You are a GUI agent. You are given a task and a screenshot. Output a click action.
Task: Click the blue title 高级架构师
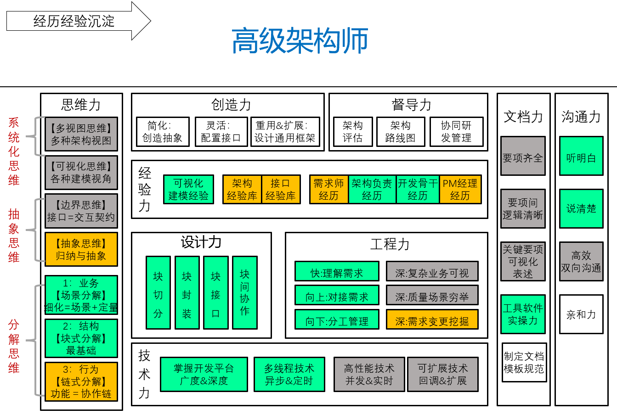[300, 40]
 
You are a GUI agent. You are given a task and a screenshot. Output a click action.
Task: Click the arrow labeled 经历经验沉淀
[79, 21]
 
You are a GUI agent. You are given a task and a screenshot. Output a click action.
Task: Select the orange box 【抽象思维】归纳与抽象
[81, 249]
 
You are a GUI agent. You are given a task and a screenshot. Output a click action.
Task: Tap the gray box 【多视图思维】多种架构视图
[81, 134]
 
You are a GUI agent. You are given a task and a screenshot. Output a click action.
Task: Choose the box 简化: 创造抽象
[163, 132]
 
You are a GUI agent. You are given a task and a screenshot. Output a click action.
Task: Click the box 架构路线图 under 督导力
[401, 132]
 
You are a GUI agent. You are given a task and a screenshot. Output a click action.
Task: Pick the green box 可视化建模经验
[188, 189]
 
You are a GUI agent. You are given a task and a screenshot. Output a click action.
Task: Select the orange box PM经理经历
[460, 189]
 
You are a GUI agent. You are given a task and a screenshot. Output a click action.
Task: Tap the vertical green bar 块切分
[158, 293]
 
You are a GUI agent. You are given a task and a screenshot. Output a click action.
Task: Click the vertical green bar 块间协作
[244, 293]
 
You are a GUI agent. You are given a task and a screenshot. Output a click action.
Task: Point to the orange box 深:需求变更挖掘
[432, 319]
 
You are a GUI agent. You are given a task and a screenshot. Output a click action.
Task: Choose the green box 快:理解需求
[337, 271]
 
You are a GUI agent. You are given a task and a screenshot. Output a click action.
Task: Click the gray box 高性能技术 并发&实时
[369, 374]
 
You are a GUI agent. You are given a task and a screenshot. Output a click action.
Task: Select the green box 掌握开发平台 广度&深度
[204, 374]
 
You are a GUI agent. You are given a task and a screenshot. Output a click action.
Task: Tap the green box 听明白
[581, 156]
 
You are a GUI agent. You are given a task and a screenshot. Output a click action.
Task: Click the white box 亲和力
[581, 314]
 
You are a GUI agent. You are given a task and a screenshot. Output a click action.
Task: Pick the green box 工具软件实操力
[523, 314]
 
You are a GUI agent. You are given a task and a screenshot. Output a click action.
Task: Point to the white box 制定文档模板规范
[524, 363]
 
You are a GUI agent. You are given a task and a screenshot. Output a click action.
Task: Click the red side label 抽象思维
[14, 236]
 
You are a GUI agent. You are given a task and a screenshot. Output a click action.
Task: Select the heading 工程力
[390, 244]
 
